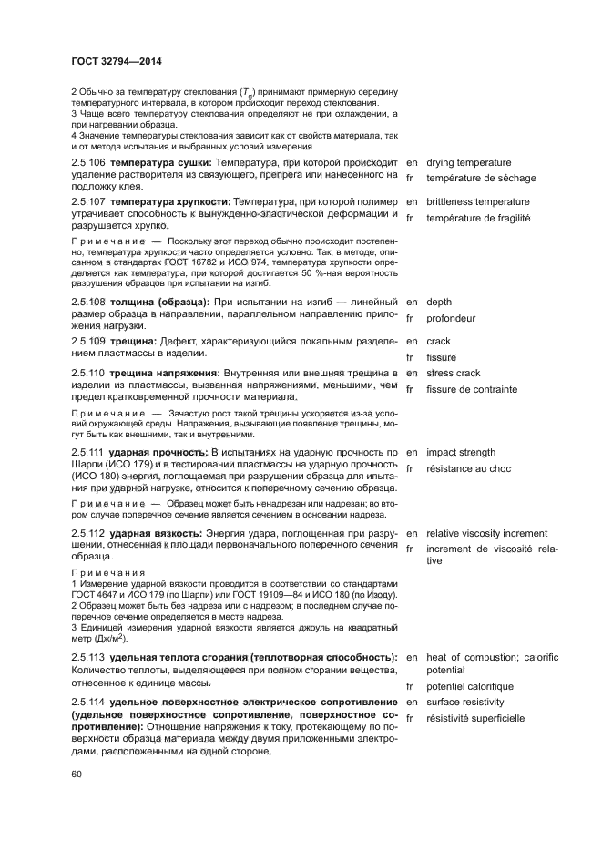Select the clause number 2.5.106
coord(87,162)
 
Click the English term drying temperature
coord(469,162)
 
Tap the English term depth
coord(439,302)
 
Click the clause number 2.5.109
coord(87,341)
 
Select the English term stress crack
coord(453,373)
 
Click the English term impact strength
coord(461,452)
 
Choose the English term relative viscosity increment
coord(487,533)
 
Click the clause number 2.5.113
coord(87,657)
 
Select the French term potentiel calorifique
coord(470,686)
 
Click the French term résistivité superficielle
coord(475,719)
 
